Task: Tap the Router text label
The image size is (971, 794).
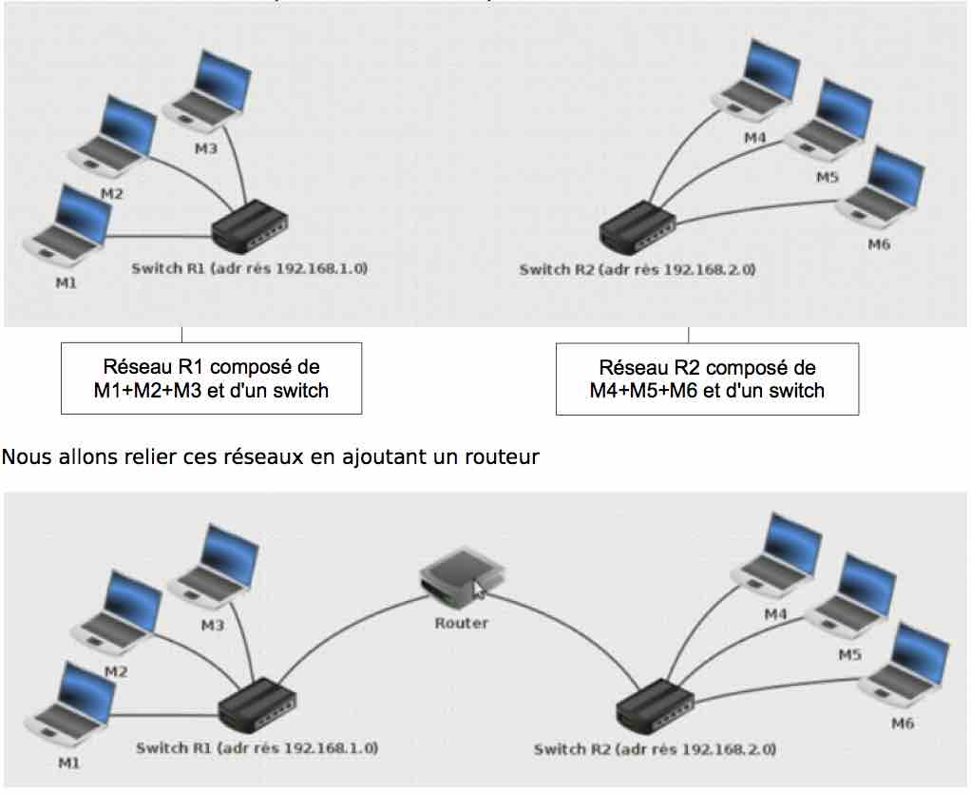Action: (461, 623)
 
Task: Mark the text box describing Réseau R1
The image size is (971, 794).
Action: (211, 378)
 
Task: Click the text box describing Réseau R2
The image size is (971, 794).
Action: (707, 378)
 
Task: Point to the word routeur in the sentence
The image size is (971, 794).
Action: (505, 457)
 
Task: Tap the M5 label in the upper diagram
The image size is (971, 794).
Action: (827, 177)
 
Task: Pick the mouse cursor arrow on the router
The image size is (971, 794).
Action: (479, 590)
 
